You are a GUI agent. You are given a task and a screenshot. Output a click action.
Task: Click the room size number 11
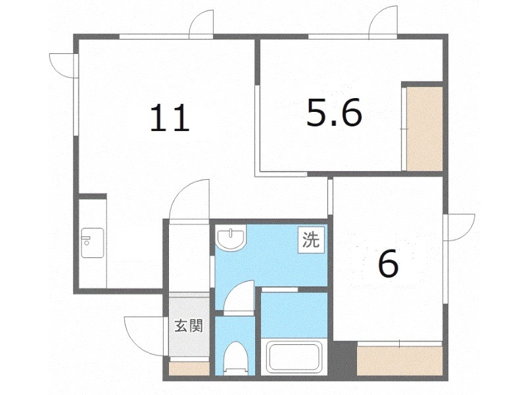[170, 119]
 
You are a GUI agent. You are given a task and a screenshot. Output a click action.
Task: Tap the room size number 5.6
[334, 115]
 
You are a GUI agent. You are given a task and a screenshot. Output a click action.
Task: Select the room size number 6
[388, 265]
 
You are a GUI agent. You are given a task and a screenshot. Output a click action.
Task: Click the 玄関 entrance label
[188, 326]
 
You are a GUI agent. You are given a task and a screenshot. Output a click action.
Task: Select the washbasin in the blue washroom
[231, 238]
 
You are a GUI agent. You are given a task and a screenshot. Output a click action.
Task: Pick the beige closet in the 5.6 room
[423, 128]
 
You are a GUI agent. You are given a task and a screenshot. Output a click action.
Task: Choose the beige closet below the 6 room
[400, 361]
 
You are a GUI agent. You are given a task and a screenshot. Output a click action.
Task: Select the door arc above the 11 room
[201, 24]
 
